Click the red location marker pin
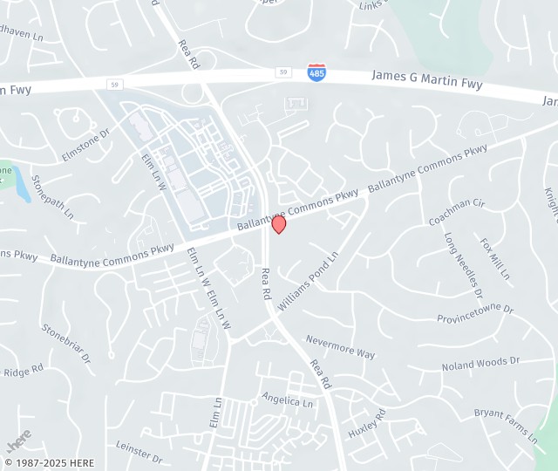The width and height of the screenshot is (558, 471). tap(279, 224)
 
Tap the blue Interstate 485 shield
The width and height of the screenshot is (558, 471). tap(317, 72)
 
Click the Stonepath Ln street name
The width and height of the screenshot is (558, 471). tap(52, 196)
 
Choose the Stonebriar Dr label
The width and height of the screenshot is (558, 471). tap(66, 343)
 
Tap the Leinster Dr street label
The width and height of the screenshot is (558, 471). tap(139, 451)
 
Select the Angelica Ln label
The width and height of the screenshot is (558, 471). tap(287, 400)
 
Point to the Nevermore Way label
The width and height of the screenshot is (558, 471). tap(340, 346)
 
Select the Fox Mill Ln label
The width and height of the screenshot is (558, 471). tap(494, 258)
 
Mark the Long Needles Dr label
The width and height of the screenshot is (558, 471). tap(462, 260)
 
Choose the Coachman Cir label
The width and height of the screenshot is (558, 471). tap(456, 211)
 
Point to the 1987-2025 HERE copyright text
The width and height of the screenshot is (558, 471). tap(49, 462)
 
